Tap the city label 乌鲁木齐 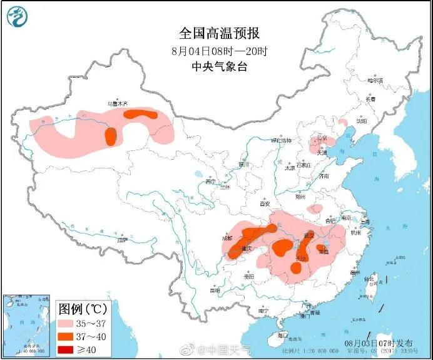coord(116,103)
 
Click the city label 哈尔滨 coord(374,81)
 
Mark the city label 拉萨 coord(122,239)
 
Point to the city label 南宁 coord(263,311)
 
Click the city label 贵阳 coord(248,275)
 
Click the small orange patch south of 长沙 coord(296,269)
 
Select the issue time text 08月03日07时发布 coord(379,343)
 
